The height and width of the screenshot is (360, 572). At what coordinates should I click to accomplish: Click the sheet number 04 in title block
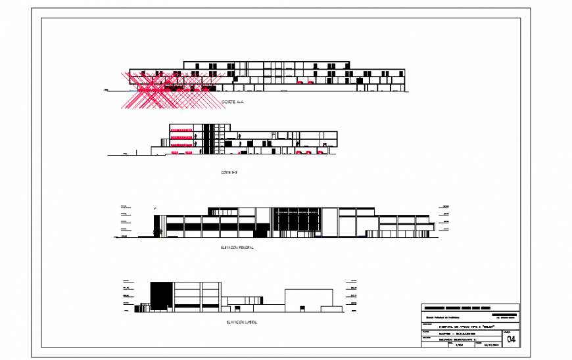coord(511,339)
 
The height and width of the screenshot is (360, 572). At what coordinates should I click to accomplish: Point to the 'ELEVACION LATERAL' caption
coord(241,323)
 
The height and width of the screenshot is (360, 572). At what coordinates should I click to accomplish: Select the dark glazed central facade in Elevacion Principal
coord(296,221)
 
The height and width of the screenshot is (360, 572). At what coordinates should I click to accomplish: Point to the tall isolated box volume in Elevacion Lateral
coord(314,299)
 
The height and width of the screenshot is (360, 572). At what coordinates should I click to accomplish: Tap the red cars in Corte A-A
coord(304,83)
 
